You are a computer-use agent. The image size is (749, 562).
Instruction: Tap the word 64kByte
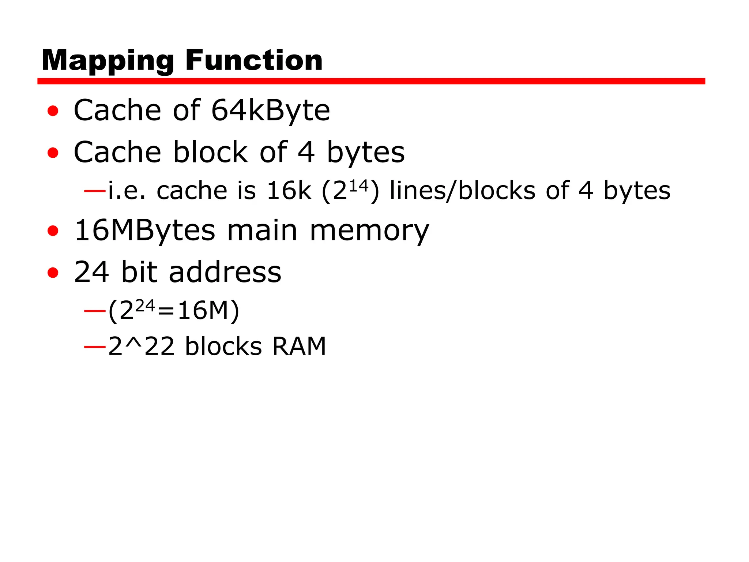coord(271,110)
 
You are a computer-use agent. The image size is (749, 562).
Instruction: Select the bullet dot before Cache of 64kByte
coord(53,111)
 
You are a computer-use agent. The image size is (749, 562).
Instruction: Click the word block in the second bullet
coord(211,152)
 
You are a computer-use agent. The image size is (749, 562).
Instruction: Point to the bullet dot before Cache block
coord(53,153)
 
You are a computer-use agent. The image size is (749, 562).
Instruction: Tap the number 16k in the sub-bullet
coord(289,191)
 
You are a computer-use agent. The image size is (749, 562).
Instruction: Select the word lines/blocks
coord(462,191)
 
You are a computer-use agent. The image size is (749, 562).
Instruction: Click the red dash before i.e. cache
coord(95,191)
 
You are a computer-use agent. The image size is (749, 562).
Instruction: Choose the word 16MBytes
coord(145,231)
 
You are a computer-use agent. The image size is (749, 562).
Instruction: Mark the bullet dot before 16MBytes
coord(53,231)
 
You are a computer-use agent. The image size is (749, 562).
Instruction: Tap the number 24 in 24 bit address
coord(91,272)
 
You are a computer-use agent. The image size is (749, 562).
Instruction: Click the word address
coord(225,272)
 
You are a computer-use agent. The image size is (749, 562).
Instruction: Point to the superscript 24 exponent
coord(145,306)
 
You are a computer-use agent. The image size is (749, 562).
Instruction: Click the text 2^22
coord(141,346)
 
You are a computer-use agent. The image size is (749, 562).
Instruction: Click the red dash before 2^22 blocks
coord(95,346)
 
